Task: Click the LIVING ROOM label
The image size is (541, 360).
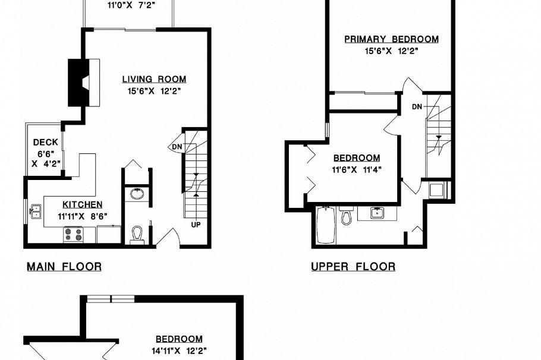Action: click(x=154, y=79)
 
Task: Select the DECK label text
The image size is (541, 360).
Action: click(x=45, y=143)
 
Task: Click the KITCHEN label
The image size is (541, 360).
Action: click(x=83, y=204)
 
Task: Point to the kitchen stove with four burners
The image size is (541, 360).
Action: click(x=73, y=235)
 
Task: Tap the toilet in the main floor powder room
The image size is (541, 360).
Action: click(x=137, y=234)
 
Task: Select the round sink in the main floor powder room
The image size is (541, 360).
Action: click(x=137, y=194)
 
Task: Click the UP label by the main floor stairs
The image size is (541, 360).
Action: click(x=196, y=225)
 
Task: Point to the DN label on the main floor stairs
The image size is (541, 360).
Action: click(x=177, y=147)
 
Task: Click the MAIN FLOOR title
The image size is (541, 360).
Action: click(x=64, y=267)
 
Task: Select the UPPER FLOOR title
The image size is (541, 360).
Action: click(x=353, y=267)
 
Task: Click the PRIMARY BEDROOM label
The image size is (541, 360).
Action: click(x=392, y=39)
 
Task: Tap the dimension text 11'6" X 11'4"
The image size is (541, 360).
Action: click(x=356, y=169)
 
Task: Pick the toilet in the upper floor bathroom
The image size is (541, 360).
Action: click(x=346, y=216)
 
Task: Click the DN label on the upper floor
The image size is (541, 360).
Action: click(x=417, y=107)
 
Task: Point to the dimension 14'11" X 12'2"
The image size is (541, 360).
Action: click(x=179, y=350)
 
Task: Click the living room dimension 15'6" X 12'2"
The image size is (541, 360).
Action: click(x=154, y=91)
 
